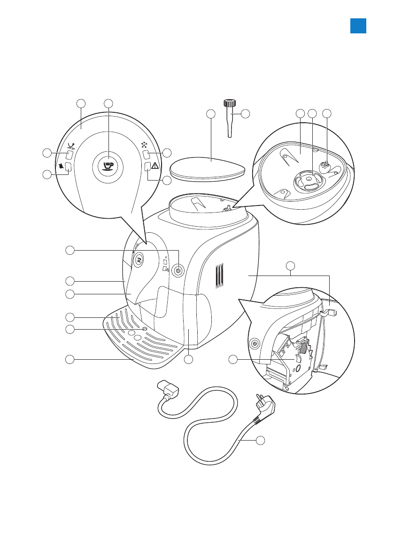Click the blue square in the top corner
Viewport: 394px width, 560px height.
coord(358,26)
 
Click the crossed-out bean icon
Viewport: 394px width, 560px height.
coord(61,166)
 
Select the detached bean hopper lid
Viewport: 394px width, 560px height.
coord(207,168)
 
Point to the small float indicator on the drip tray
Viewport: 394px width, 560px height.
coord(144,329)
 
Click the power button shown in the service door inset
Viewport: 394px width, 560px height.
coord(254,344)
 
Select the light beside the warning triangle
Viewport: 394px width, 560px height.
coord(147,166)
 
